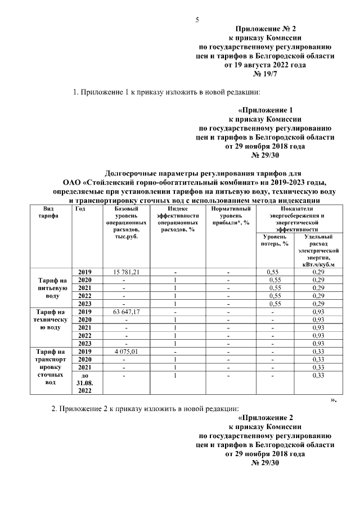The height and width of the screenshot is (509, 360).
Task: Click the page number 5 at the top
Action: point(197,21)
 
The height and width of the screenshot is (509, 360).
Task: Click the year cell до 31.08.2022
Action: point(85,382)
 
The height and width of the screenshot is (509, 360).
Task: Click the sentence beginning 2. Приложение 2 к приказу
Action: point(145,408)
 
